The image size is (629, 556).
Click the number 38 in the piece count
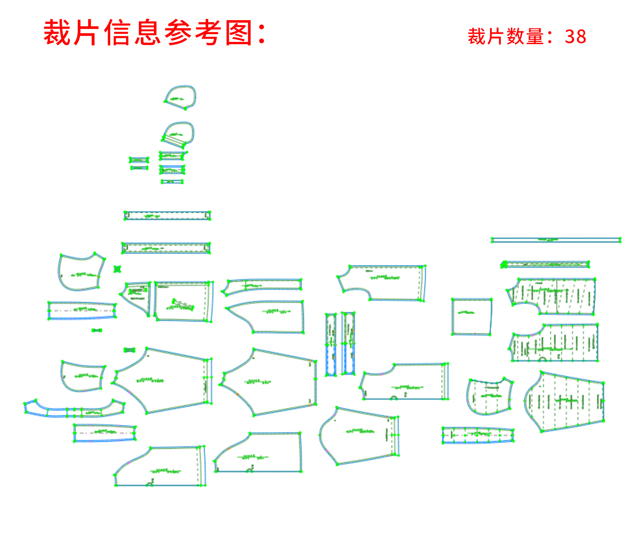pos(575,37)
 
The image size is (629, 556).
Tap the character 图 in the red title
pos(239,33)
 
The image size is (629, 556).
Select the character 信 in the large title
pos(118,33)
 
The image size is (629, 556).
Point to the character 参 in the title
pos(178,33)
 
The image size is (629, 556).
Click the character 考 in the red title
pos(209,33)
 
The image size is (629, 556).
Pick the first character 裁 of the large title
pos(57,33)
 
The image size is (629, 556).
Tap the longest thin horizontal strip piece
pos(556,240)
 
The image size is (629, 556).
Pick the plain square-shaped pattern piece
pos(472,316)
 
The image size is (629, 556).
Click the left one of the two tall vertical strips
pos(331,344)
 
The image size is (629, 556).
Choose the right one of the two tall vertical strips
pos(348,344)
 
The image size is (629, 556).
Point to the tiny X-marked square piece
pos(117,269)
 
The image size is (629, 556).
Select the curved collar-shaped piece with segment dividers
pos(74,409)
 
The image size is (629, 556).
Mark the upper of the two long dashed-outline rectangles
pos(167,215)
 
